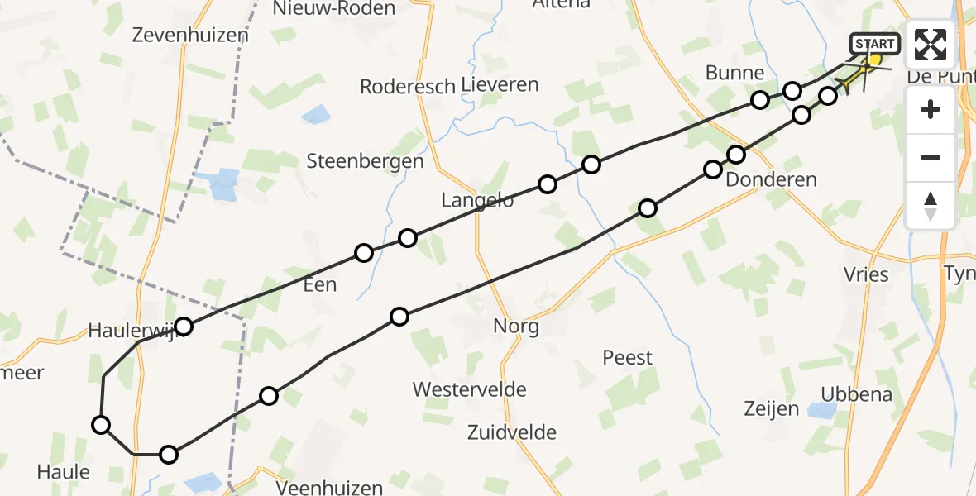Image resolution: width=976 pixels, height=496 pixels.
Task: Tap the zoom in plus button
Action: pos(931,109)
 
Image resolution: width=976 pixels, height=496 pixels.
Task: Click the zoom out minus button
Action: pos(931,157)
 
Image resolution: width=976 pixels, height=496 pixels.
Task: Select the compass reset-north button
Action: pos(931,205)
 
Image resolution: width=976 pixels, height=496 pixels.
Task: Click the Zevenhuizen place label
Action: pos(190,35)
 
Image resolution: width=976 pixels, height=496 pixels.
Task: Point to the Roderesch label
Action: pos(408,86)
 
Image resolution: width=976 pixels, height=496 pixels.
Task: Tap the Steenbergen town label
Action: pos(365,161)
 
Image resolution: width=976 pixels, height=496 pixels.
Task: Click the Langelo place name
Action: pos(477,199)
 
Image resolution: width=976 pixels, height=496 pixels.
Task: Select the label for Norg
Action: pos(516,326)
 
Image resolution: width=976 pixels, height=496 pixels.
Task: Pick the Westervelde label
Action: pos(470,389)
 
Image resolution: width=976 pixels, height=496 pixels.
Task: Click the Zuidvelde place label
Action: pos(511,432)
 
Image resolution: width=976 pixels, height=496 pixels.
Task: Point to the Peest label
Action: pos(628,358)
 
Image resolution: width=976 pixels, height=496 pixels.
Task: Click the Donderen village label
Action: pos(771,179)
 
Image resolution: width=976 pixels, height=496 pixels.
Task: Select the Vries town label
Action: pos(866,274)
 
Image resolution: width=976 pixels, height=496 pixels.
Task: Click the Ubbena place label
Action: pos(858,393)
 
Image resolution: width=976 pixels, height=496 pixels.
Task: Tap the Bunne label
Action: pos(734,73)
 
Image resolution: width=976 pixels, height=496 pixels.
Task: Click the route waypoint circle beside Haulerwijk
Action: pos(184,327)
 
